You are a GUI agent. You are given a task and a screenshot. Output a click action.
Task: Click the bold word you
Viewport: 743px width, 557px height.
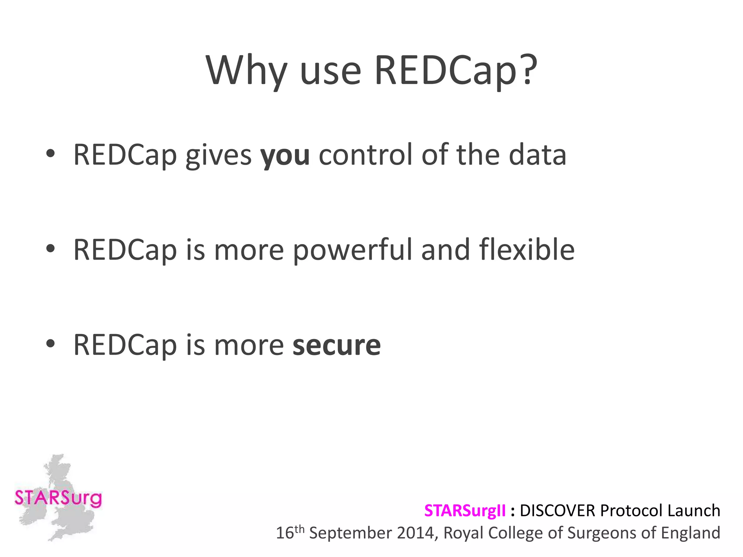coord(285,155)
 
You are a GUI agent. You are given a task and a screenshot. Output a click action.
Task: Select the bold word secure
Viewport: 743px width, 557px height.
coord(337,345)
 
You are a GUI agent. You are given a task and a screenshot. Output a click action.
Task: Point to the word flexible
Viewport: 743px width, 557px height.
coord(527,249)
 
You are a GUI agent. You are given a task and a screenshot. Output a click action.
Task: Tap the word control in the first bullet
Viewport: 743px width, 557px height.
coord(366,155)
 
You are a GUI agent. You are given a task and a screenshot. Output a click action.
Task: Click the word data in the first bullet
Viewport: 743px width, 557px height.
coord(537,155)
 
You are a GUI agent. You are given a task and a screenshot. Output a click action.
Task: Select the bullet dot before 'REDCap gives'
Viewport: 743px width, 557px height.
coord(50,154)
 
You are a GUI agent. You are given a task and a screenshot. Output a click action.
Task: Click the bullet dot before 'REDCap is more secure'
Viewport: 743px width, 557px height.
coord(50,344)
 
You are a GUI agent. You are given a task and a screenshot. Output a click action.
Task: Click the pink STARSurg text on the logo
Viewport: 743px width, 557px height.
coord(58,498)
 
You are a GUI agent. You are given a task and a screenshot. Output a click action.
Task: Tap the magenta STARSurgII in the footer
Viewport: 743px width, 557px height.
coord(465,511)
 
